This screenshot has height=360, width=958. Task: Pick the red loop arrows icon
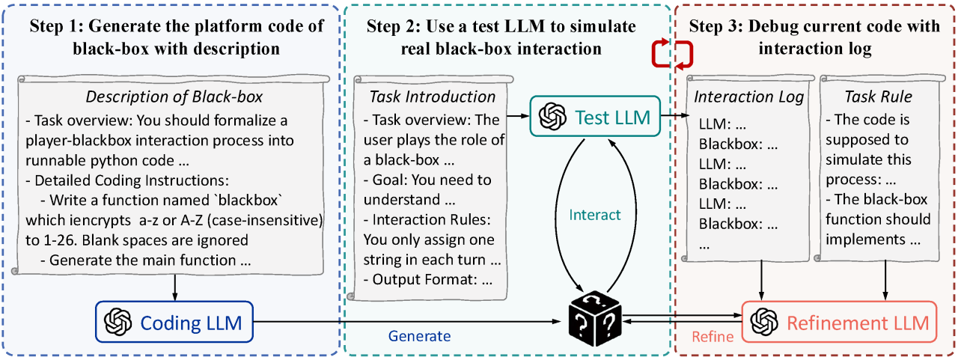click(672, 54)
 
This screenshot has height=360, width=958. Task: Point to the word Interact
click(595, 215)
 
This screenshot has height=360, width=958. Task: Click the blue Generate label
click(419, 336)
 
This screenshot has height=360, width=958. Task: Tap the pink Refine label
click(713, 336)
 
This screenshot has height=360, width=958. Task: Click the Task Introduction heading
click(433, 97)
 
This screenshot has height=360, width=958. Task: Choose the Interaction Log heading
click(748, 97)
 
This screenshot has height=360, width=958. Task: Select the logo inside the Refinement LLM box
click(763, 323)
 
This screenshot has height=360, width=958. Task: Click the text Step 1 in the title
click(58, 26)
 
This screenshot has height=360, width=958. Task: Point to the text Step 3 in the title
click(716, 26)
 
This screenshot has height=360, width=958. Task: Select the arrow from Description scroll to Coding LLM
click(174, 285)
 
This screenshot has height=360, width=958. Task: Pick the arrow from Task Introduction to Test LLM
click(516, 116)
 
